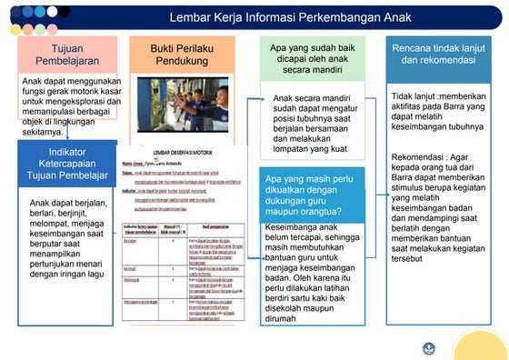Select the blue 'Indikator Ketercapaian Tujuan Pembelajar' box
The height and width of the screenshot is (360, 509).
[66, 163]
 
